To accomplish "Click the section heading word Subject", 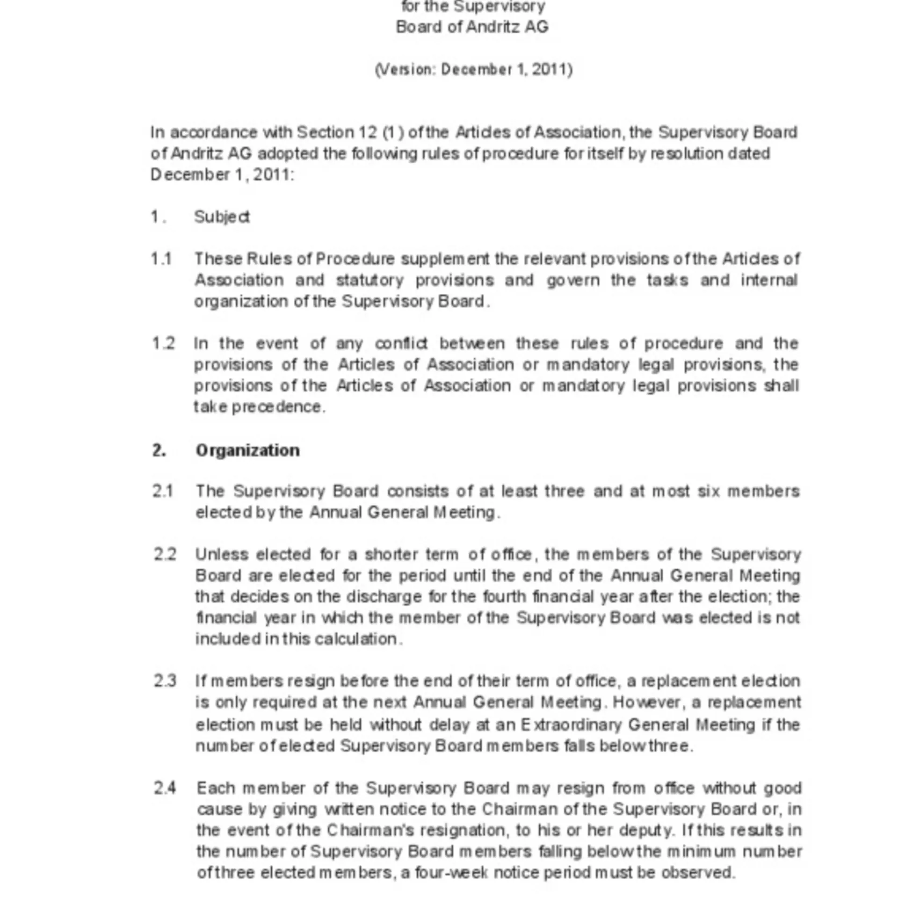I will point(222,217).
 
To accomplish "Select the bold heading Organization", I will point(247,450).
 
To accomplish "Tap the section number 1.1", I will point(161,259).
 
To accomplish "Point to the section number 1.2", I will point(163,343).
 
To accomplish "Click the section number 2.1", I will point(163,491).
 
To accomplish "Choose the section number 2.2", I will point(165,555).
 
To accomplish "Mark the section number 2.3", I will point(165,681).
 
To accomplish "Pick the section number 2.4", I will point(165,788).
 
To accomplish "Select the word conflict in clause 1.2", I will point(401,343).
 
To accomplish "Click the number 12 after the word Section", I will point(368,132).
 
